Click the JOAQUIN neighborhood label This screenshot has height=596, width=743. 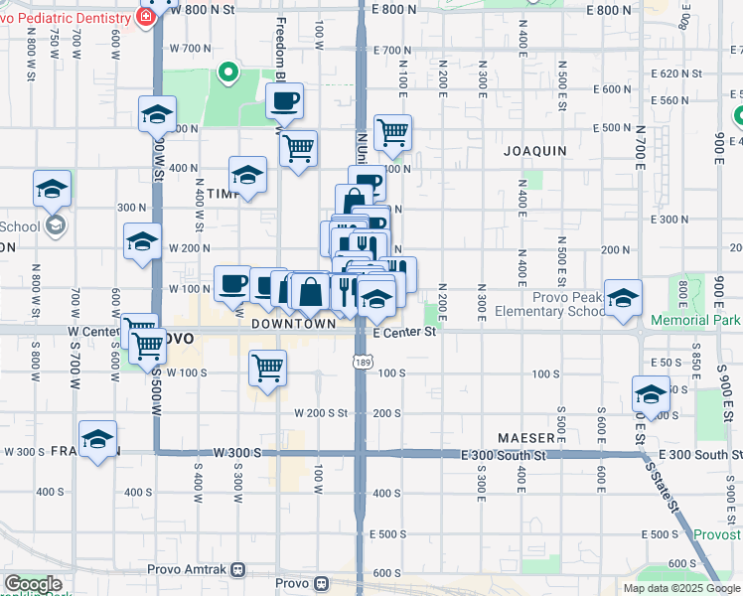coord(534,151)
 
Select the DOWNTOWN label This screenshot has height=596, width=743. coord(293,324)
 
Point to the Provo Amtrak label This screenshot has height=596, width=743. coord(190,569)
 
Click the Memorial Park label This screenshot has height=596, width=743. coord(695,321)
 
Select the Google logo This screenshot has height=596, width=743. coord(33,584)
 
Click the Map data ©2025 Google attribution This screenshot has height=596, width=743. coord(680,588)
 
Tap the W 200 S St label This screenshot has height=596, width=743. coord(320,412)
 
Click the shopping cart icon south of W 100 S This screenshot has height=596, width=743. coord(267,369)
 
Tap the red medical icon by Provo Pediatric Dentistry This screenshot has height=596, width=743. coord(146,15)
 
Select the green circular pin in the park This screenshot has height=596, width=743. coord(226,72)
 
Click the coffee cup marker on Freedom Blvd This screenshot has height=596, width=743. coord(284,100)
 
